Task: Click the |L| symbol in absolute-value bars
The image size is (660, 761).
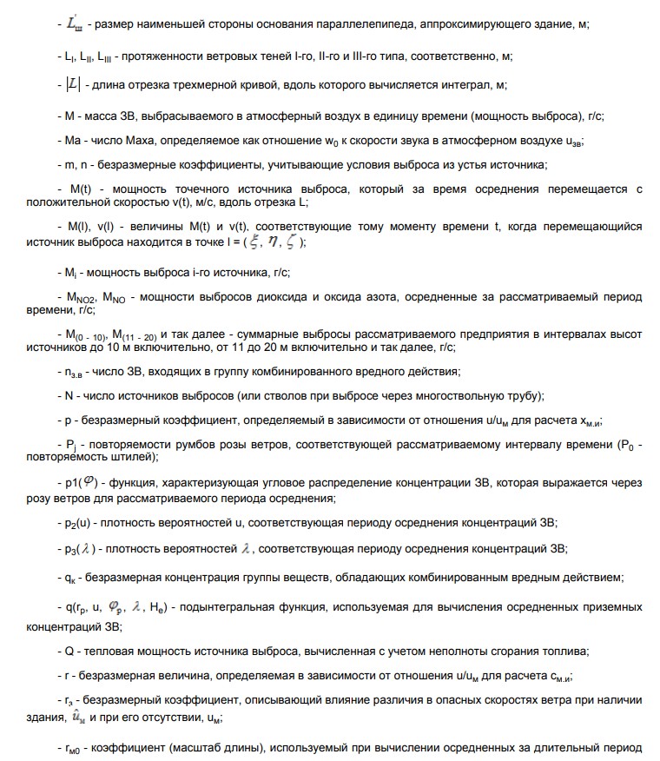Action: [73, 84]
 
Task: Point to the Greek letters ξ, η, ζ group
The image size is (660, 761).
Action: [271, 243]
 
